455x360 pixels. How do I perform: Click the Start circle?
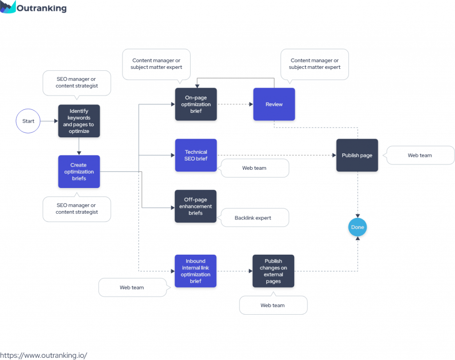point(28,121)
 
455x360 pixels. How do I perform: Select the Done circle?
point(358,227)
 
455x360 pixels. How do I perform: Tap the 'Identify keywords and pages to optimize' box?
point(79,121)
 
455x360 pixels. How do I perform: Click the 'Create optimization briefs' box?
point(79,172)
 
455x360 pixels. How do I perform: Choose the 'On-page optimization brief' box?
point(196,104)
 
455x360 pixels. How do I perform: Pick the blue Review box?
point(274,104)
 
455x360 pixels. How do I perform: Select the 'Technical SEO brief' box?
point(196,155)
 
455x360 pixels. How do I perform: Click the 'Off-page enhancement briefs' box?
point(196,206)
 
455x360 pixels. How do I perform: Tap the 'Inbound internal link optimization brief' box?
point(196,271)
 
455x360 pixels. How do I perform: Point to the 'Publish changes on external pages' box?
point(273,271)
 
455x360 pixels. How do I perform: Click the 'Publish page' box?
point(357,155)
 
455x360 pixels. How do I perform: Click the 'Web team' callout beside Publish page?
point(419,156)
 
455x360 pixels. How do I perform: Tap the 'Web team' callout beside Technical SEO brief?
point(255,168)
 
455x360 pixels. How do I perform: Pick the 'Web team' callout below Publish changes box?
point(273,305)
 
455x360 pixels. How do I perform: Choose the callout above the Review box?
point(315,64)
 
